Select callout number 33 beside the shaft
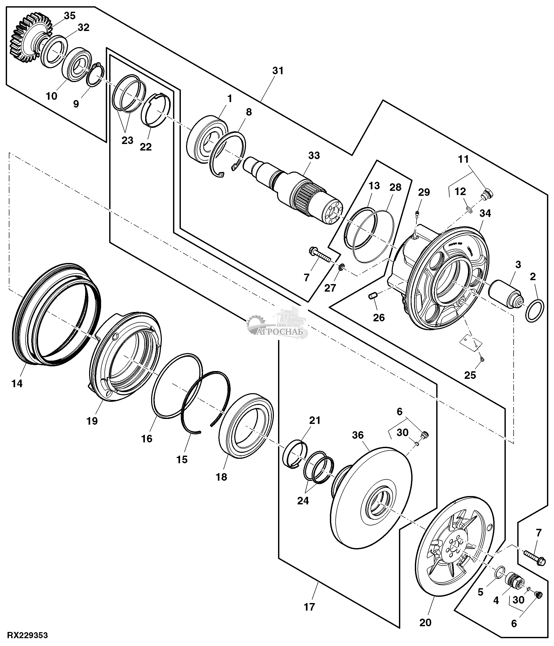(314, 155)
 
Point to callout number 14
(17, 383)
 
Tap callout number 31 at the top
(278, 71)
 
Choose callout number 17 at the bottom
(309, 607)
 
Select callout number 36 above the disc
(358, 435)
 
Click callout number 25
(470, 375)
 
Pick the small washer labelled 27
(342, 267)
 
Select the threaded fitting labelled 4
(513, 581)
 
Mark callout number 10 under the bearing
(52, 96)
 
